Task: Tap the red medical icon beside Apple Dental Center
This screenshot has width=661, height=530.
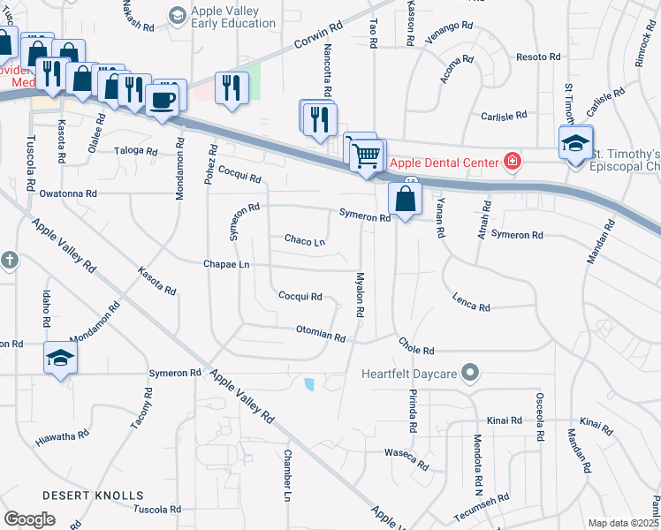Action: [x=512, y=161]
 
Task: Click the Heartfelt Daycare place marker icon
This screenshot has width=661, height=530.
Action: [x=471, y=373]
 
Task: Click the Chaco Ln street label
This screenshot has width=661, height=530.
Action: [x=305, y=240]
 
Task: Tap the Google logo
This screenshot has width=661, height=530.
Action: [x=29, y=519]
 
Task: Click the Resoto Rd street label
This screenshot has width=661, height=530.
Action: [x=538, y=57]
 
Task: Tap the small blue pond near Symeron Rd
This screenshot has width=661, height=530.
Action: [x=308, y=384]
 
